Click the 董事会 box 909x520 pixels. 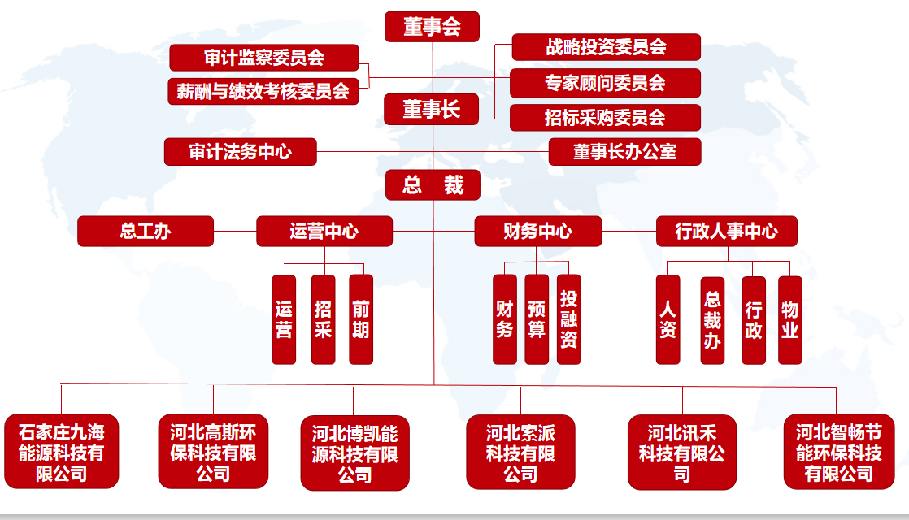432,27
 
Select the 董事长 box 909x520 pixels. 432,110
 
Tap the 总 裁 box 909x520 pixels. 433,185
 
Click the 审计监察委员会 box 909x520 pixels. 264,58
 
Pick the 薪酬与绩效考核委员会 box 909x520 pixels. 263,91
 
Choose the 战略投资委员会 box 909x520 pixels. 606,47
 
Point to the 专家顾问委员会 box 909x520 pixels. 606,82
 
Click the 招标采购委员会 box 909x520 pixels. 606,118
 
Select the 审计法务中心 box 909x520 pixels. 240,152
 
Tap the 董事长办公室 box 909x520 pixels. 624,152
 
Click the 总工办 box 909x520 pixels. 146,231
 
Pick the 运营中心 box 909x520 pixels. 324,231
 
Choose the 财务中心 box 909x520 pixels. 537,231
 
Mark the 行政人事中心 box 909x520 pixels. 726,231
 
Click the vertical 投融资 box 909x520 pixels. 569,319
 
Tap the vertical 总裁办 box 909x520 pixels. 712,320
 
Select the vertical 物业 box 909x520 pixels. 790,320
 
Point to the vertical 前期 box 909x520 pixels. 361,319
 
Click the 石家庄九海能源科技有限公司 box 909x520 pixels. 62,452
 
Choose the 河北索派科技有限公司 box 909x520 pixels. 520,453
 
